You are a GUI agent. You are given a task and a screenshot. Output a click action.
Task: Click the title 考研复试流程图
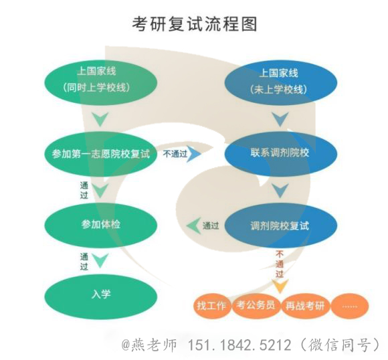point(195,24)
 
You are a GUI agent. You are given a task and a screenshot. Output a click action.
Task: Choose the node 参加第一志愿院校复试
point(101,154)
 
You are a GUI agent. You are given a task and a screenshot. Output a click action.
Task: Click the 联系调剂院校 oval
point(281,153)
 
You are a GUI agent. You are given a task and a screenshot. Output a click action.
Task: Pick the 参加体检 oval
point(101,225)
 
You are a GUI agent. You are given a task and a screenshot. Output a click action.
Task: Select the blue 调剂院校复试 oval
point(281,226)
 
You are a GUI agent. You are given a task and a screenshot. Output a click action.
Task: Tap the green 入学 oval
point(101,294)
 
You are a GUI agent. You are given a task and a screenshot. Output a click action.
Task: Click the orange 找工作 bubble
point(212,306)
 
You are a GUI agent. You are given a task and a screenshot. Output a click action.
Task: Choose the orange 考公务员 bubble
point(256,305)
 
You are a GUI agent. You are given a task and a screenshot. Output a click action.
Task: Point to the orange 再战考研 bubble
point(305,306)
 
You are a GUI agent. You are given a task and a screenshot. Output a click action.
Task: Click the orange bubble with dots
point(350,306)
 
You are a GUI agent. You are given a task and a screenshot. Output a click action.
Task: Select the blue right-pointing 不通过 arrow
point(194,154)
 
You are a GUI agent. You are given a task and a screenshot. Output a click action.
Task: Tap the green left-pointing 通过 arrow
point(193,226)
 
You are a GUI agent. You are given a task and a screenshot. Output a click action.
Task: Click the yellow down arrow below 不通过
point(280,286)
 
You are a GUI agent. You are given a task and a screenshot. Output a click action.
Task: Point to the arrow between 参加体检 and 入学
point(100,261)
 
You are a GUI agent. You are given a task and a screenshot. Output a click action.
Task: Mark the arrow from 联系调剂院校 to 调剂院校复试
point(280,191)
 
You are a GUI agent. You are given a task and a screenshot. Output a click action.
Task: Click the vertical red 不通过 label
point(280,264)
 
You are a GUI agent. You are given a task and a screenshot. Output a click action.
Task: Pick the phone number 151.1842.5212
point(239,345)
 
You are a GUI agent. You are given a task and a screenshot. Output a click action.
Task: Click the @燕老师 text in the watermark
point(149,345)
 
